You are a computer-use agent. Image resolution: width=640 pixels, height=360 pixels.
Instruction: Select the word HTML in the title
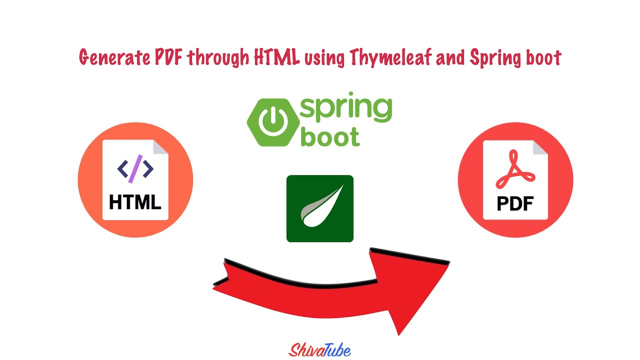point(276,57)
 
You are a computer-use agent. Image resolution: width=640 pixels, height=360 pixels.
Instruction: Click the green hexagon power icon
point(272,122)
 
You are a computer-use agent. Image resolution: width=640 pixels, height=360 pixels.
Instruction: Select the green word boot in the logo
point(330,136)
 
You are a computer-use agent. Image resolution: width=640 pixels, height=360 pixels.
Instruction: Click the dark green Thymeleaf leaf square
point(320,208)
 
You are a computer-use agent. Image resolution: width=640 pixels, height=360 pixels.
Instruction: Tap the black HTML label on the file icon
point(135,202)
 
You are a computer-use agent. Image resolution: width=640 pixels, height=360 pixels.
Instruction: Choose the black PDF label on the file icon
point(515,203)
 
